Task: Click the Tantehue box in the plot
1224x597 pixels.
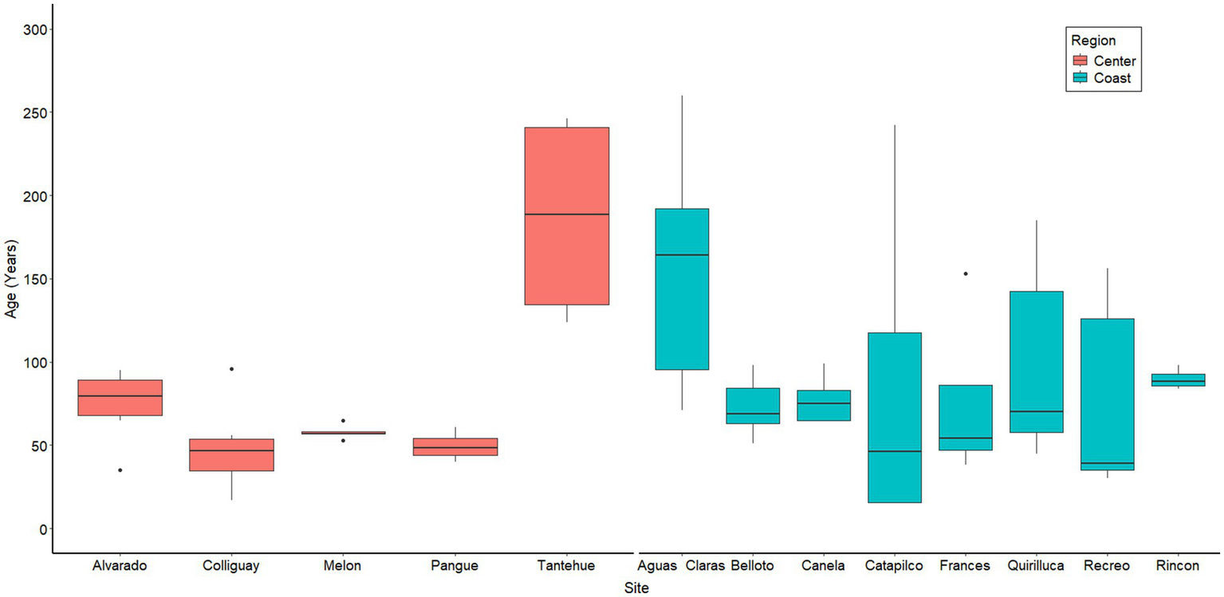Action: click(x=566, y=215)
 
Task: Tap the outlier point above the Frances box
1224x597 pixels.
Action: click(x=965, y=273)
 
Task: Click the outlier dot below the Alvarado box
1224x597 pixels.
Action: click(x=120, y=470)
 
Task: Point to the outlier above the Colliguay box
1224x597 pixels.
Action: click(x=231, y=368)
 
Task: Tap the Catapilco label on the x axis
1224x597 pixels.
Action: click(x=894, y=566)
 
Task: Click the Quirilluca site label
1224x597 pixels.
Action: click(x=1036, y=566)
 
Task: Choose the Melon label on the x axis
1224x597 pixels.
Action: click(x=343, y=566)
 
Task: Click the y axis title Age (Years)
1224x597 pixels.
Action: click(x=10, y=279)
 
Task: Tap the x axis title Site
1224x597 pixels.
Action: click(x=636, y=588)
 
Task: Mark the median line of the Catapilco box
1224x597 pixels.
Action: click(x=894, y=451)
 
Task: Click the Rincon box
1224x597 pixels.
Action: click(x=1179, y=380)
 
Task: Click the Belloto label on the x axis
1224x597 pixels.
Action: click(x=753, y=566)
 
